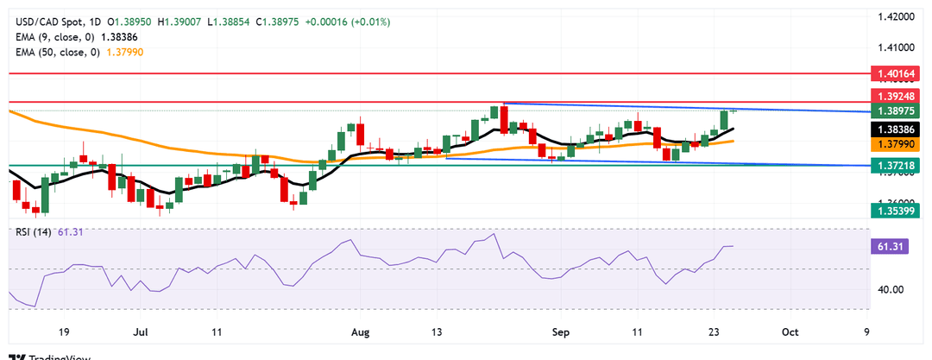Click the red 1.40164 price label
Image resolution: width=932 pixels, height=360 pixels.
coord(897,75)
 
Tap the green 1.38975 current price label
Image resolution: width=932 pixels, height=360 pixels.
coord(897,111)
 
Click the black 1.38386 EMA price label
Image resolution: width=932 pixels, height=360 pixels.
coord(897,128)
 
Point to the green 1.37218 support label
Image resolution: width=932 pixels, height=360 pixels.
coord(897,164)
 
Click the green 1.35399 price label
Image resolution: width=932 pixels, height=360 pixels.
coord(897,210)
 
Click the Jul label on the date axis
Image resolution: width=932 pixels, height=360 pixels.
coord(142,332)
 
